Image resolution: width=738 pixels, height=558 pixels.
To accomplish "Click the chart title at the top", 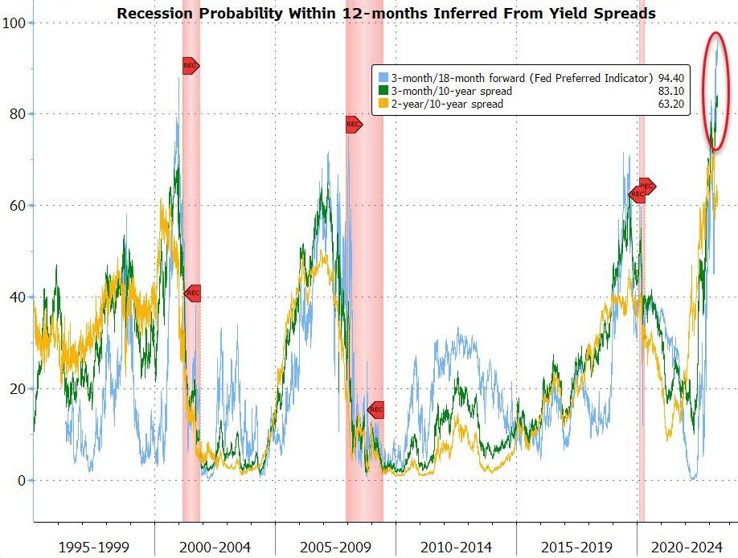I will click(386, 14).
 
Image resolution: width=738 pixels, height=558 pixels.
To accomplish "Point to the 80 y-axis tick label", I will click(15, 114).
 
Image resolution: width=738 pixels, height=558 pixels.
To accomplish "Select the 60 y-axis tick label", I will click(15, 206).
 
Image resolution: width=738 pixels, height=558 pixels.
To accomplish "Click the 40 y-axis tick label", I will click(15, 297).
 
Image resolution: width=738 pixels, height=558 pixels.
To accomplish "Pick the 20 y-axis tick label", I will click(15, 389).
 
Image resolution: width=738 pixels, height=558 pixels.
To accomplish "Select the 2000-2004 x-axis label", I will click(214, 548).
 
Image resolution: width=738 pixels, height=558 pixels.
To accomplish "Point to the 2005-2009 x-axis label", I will click(334, 548).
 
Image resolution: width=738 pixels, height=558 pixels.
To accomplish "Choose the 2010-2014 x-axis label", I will click(456, 548).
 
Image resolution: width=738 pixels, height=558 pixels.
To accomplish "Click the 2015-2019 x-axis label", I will click(576, 548).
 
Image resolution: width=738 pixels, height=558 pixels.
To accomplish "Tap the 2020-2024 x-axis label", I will click(687, 548).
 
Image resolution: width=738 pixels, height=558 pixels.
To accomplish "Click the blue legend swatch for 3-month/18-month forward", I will click(383, 78).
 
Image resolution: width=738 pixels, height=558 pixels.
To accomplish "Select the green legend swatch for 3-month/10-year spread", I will click(383, 91).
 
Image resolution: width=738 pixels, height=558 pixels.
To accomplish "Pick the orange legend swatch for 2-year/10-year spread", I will click(383, 104).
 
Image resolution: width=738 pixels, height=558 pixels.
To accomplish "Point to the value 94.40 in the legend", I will click(671, 78).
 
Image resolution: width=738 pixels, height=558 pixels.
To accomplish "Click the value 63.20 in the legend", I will click(671, 104).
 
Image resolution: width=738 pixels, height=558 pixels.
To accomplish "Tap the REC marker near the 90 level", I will click(190, 66).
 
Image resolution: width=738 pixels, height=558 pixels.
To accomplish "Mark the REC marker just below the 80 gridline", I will click(354, 125).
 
